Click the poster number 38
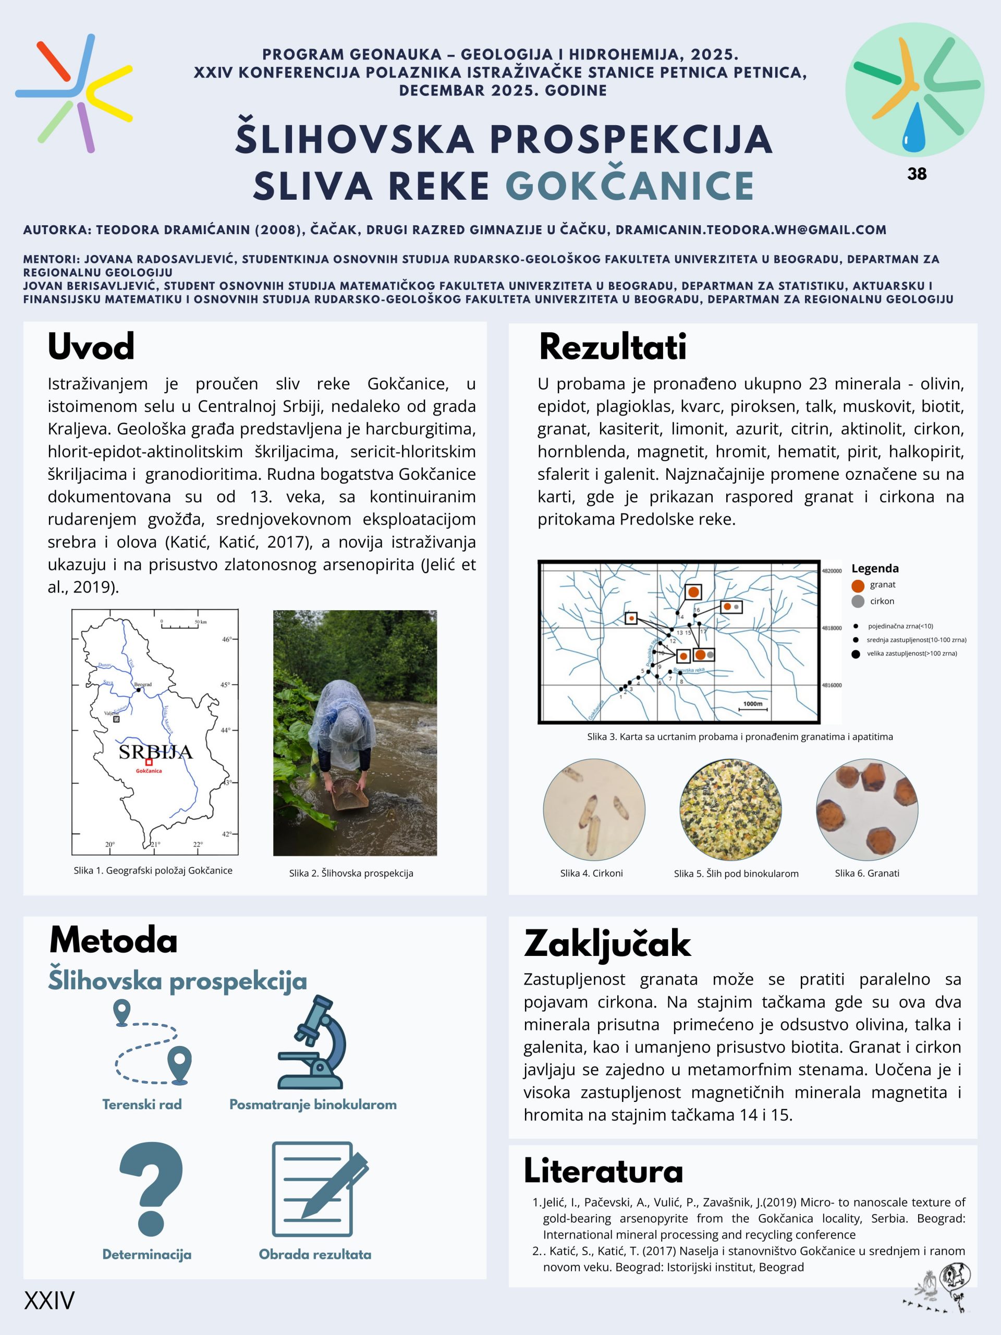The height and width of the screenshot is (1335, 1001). pyautogui.click(x=917, y=174)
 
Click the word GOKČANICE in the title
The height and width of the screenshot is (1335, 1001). pyautogui.click(x=630, y=186)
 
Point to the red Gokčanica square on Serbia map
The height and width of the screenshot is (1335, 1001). pyautogui.click(x=149, y=762)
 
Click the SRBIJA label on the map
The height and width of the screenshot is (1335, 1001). pyautogui.click(x=156, y=751)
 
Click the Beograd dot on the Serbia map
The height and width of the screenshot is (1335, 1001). pyautogui.click(x=139, y=690)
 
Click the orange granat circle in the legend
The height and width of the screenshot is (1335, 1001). pyautogui.click(x=858, y=586)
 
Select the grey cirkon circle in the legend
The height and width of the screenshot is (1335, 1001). pyautogui.click(x=858, y=602)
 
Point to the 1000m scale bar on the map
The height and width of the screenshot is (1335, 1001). pyautogui.click(x=753, y=708)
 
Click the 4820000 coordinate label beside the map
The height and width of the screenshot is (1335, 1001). pyautogui.click(x=832, y=571)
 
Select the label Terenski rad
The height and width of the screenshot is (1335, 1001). pyautogui.click(x=142, y=1105)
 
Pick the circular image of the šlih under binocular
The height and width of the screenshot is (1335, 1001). pyautogui.click(x=730, y=809)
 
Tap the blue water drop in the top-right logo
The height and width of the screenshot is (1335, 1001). pyautogui.click(x=913, y=127)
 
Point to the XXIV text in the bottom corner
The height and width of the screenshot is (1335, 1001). pyautogui.click(x=50, y=1301)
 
